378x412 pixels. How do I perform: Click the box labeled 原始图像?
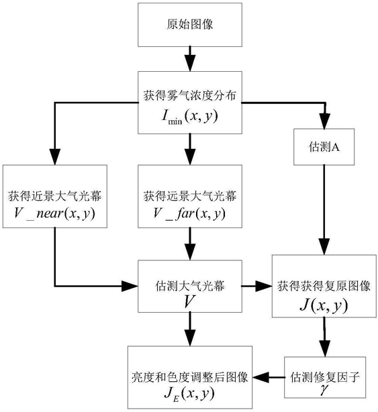(x=190, y=25)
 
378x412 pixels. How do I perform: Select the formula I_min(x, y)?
(x=190, y=116)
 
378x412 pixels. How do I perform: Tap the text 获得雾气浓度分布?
(x=190, y=96)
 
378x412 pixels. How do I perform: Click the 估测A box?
(x=324, y=147)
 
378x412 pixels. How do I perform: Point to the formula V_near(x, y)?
(x=54, y=213)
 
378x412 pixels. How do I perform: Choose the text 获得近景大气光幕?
(x=54, y=197)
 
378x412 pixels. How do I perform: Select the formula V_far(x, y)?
(x=190, y=213)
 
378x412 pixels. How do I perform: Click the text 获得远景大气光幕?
(x=190, y=197)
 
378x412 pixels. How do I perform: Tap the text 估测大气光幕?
(x=190, y=286)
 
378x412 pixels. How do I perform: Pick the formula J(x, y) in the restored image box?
(x=324, y=305)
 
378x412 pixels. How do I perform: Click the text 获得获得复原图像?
(x=324, y=287)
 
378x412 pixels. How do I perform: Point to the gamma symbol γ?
(x=325, y=389)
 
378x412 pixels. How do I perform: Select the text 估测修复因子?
(x=325, y=377)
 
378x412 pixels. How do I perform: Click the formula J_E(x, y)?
(x=190, y=394)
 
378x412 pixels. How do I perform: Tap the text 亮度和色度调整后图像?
(x=190, y=378)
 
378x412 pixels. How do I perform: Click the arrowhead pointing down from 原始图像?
(x=190, y=63)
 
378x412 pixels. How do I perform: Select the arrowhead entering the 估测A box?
(x=326, y=121)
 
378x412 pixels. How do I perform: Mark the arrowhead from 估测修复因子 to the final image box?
(x=261, y=377)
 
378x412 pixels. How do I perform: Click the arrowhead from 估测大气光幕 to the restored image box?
(x=264, y=286)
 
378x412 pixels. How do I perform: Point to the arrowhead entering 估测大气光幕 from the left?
(x=130, y=286)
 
